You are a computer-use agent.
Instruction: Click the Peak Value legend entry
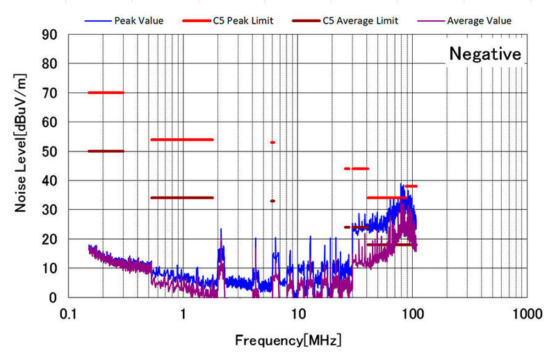139,21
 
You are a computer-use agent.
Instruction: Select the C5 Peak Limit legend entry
243,21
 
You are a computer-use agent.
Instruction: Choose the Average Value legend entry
479,21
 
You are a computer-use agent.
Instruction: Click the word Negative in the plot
484,54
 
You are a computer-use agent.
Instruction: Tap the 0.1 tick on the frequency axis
68,313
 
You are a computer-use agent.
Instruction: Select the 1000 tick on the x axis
525,313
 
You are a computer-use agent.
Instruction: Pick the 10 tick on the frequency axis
297,313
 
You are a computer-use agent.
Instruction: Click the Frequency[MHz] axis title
288,341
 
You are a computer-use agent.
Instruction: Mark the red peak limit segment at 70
106,92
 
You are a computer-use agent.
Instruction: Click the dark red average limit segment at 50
106,151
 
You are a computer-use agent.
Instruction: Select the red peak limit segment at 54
181,140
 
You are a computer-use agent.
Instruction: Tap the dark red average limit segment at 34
181,197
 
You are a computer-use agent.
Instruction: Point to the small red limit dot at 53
272,142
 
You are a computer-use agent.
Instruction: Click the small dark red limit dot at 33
272,201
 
